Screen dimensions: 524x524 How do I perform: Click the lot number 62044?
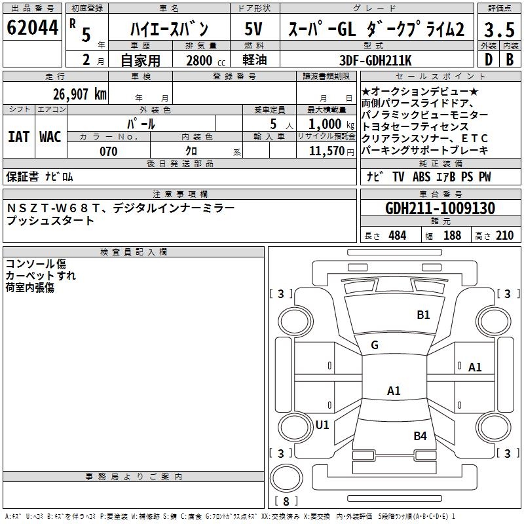coord(32,28)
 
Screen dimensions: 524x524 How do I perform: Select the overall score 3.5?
coord(499,29)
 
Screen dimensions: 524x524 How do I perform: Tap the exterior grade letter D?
coord(489,60)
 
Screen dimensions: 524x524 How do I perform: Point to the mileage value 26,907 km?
coord(80,94)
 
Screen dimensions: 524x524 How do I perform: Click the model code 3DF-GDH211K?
coord(375,60)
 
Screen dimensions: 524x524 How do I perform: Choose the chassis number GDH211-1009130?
coord(440,208)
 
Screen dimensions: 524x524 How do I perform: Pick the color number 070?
coord(109,151)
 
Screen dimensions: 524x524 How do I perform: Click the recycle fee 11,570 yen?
coord(331,151)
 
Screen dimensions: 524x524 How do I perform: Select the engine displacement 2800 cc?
coord(206,60)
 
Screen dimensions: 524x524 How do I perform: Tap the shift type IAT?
coord(18,137)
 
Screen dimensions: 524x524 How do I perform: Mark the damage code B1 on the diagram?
coord(423,315)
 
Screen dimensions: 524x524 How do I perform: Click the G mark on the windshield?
coord(375,345)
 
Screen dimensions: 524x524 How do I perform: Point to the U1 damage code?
coord(322,424)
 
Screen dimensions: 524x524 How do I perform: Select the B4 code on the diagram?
coord(420,436)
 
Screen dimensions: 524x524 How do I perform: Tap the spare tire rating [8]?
coord(286,501)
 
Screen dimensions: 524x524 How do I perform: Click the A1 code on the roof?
coord(394,390)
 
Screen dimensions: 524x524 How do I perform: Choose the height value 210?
coord(504,235)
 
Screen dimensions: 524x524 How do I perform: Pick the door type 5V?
coord(253,29)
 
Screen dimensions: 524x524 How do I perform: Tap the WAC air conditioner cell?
coord(50,137)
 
